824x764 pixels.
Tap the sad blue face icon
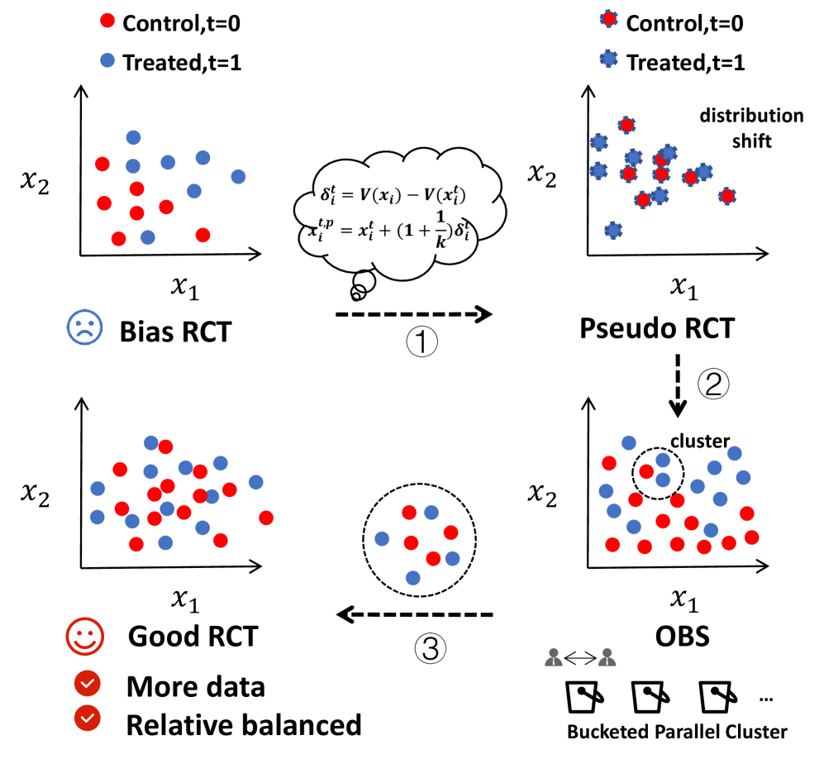(x=84, y=328)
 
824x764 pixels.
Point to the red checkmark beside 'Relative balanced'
(x=86, y=722)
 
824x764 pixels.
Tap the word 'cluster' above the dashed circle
(x=700, y=441)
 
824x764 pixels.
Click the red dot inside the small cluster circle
(x=646, y=471)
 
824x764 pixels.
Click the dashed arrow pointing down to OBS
(x=679, y=384)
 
